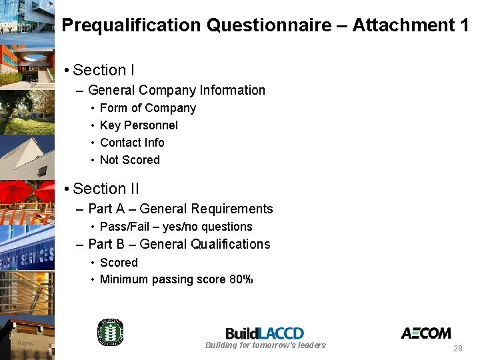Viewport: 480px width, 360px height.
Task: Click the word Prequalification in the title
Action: point(131,25)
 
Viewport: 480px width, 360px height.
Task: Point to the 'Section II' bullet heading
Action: point(106,189)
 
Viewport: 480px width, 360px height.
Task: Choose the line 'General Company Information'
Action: point(176,90)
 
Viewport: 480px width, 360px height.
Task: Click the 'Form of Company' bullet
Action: point(147,108)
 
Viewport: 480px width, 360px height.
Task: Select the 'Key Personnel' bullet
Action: point(139,125)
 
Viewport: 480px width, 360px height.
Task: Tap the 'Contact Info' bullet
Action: point(131,143)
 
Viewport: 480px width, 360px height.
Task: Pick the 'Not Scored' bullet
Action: point(129,160)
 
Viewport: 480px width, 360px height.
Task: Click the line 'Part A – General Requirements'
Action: point(180,209)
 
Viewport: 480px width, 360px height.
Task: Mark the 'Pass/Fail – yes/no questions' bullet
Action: point(175,227)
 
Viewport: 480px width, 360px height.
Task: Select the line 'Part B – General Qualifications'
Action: point(179,244)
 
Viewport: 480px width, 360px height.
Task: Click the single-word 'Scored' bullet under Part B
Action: point(119,263)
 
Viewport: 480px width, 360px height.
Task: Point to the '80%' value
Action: point(241,279)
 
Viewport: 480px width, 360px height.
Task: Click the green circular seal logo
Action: point(111,332)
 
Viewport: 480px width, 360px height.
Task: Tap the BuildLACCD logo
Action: point(265,333)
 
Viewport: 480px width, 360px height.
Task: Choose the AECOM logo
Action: point(425,333)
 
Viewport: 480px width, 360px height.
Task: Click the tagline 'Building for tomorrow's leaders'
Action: point(265,345)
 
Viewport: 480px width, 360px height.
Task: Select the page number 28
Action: point(457,349)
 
